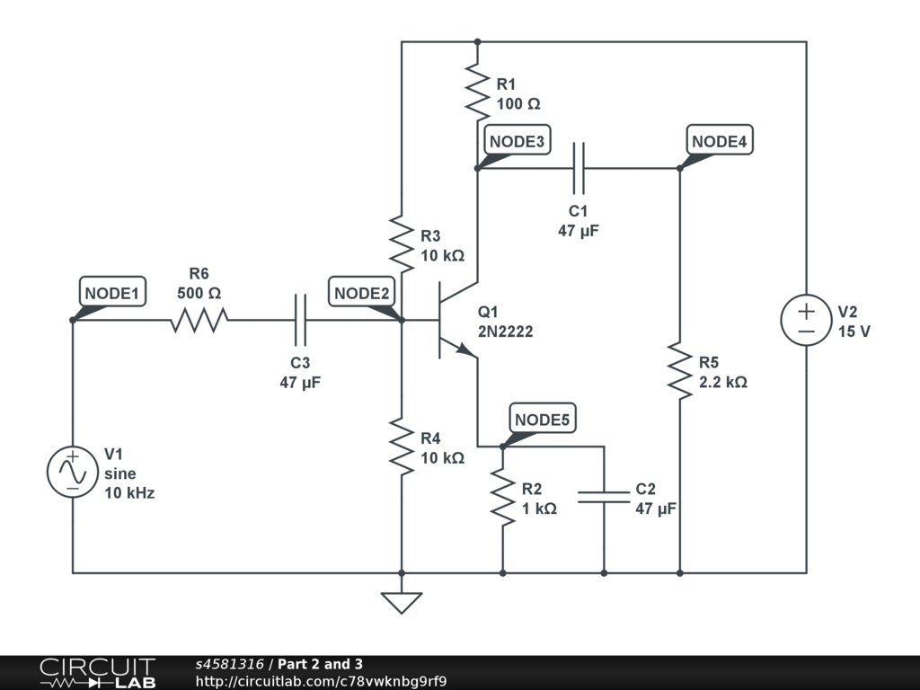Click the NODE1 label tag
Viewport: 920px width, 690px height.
(x=112, y=292)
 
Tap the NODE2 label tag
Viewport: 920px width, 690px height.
(x=361, y=292)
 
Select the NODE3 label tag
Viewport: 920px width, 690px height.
(x=517, y=140)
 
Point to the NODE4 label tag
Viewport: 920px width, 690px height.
(x=720, y=140)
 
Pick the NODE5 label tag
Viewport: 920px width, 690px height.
(x=542, y=419)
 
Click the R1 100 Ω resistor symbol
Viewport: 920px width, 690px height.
(x=478, y=93)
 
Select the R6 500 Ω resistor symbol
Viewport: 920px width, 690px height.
(x=199, y=321)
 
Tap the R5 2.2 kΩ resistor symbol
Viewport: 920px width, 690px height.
(x=680, y=371)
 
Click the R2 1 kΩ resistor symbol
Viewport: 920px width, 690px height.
(x=503, y=497)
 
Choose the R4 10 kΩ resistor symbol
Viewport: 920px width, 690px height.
(x=402, y=447)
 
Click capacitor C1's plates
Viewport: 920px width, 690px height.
(x=579, y=168)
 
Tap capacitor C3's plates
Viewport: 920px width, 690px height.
(x=300, y=321)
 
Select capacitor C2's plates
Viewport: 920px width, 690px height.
(x=604, y=497)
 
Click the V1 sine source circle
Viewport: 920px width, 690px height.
(x=73, y=472)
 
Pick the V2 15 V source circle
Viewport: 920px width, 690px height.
(x=806, y=321)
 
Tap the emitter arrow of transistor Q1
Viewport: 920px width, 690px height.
(x=467, y=351)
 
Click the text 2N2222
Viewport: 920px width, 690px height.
(x=505, y=332)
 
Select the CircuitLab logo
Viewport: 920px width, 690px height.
(x=97, y=673)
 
